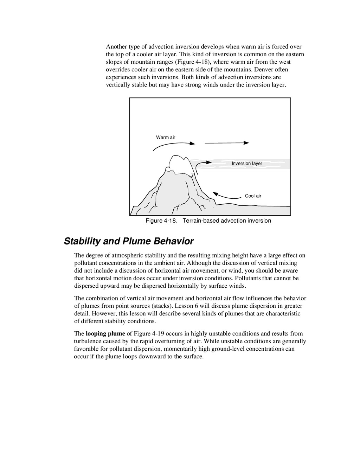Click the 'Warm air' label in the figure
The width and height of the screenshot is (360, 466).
click(166, 137)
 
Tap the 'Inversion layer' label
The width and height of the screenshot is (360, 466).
click(247, 164)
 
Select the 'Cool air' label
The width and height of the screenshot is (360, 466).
click(253, 196)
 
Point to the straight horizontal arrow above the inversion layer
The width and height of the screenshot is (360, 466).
click(226, 143)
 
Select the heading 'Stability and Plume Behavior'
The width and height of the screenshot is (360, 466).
click(129, 241)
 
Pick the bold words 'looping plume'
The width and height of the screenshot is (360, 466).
click(105, 333)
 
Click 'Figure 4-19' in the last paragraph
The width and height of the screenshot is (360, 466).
click(148, 333)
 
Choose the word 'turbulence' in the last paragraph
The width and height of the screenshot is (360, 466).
click(87, 341)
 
